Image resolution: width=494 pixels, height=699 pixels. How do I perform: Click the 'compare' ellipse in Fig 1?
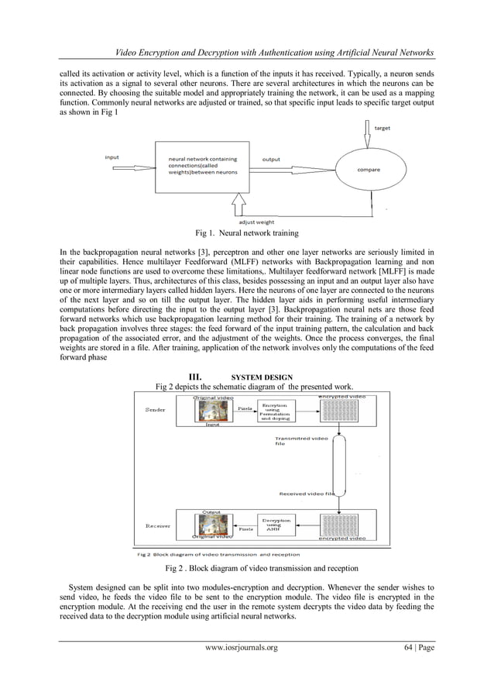pyautogui.click(x=368, y=169)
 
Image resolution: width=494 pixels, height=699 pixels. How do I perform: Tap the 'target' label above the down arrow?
pyautogui.click(x=382, y=128)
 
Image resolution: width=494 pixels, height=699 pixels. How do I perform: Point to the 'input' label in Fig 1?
pyautogui.click(x=112, y=157)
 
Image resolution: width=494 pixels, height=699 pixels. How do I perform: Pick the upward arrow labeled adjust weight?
pyautogui.click(x=238, y=205)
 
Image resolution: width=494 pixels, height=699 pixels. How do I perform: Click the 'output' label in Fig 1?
pyautogui.click(x=271, y=160)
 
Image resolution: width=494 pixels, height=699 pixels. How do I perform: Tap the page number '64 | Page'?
pyautogui.click(x=415, y=648)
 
